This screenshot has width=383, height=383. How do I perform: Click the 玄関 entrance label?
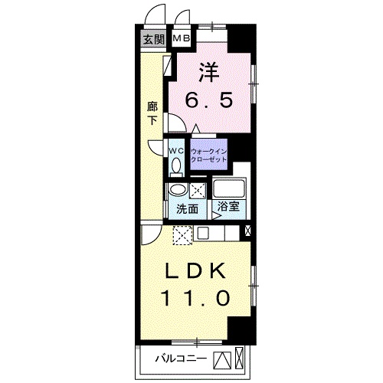pyautogui.click(x=153, y=39)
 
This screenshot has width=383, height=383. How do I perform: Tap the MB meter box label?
pyautogui.click(x=182, y=38)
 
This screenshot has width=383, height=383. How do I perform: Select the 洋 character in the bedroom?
pyautogui.click(x=209, y=72)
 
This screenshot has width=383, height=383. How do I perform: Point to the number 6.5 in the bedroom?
pyautogui.click(x=208, y=100)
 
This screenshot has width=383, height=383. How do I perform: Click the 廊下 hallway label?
pyautogui.click(x=152, y=113)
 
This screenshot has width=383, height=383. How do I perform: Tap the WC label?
pyautogui.click(x=176, y=151)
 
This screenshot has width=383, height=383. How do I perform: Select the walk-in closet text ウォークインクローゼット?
pyautogui.click(x=209, y=155)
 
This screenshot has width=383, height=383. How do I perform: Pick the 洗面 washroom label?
pyautogui.click(x=187, y=209)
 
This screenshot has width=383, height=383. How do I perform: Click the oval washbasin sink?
pyautogui.click(x=178, y=190)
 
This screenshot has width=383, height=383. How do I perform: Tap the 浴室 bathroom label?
pyautogui.click(x=228, y=206)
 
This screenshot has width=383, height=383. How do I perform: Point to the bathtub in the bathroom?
pyautogui.click(x=229, y=189)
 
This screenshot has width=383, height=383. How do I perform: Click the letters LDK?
pyautogui.click(x=196, y=271)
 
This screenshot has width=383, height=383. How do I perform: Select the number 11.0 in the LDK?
pyautogui.click(x=195, y=298)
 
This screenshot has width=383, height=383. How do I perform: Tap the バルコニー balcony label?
pyautogui.click(x=181, y=358)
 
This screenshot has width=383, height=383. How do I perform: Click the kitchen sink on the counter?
pyautogui.click(x=204, y=233)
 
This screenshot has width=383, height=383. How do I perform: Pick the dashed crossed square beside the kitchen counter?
pyautogui.click(x=182, y=235)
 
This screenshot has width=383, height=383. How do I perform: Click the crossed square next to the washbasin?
pyautogui.click(x=198, y=190)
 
